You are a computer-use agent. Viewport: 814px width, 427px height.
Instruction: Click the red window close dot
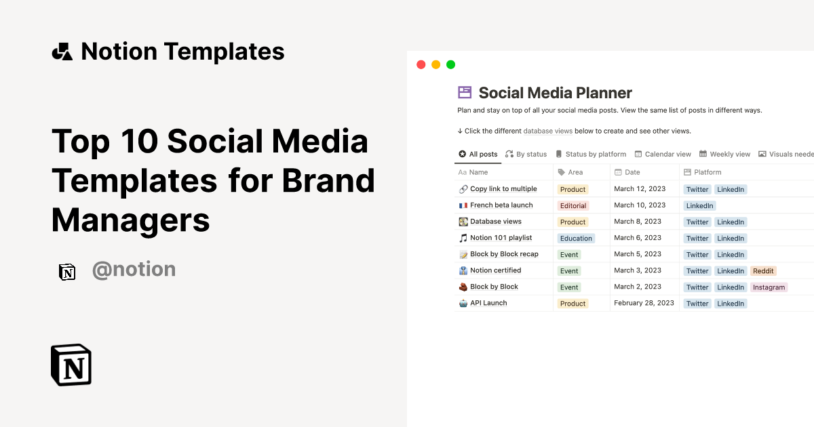421,65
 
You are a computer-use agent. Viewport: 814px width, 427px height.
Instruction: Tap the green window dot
450,65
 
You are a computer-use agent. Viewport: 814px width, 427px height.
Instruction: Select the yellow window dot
435,65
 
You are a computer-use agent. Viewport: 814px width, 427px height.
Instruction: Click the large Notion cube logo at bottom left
71,365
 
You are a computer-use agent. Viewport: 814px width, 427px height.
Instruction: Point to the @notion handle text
134,270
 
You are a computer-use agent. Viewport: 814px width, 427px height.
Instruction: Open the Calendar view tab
663,155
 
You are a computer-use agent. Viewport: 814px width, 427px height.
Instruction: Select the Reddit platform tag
763,271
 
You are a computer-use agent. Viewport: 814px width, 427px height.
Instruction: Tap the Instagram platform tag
769,287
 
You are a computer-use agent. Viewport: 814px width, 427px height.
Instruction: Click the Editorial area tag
573,206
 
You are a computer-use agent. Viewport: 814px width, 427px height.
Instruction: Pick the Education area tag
576,239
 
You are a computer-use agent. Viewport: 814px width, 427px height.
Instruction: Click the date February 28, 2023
644,303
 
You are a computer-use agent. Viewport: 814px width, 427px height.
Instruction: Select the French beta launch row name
501,205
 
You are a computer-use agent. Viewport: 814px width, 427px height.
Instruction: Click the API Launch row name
488,303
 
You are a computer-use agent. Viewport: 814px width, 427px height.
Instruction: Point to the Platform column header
707,172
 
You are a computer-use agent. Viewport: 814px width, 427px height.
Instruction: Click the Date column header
632,172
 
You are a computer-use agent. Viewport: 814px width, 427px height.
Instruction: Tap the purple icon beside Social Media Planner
465,93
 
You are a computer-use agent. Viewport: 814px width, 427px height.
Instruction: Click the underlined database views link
548,131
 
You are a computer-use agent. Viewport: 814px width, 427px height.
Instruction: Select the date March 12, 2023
640,189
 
